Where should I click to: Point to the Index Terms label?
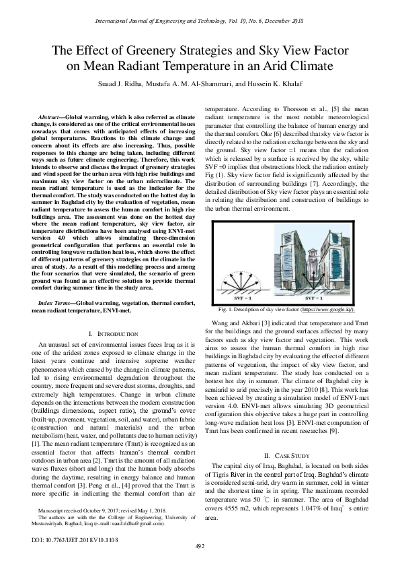[54, 304]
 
